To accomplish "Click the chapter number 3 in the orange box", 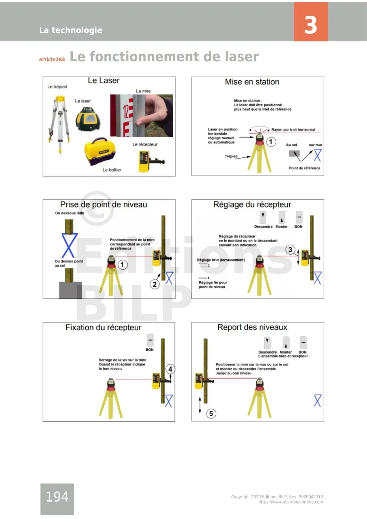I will (x=310, y=25).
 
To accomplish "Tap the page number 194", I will (x=57, y=497).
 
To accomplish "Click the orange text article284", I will (x=52, y=59).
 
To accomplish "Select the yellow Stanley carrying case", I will (x=101, y=152).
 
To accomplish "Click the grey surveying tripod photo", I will (x=59, y=122).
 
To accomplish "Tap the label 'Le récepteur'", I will (x=145, y=144).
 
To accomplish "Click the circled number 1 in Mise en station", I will (x=271, y=142).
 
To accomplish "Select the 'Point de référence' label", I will (x=304, y=168).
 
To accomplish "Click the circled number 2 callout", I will (x=154, y=284).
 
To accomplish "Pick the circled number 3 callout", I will (x=290, y=250).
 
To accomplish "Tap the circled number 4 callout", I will (x=170, y=369).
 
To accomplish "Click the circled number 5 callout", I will (x=211, y=414).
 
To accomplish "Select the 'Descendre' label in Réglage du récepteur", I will (x=263, y=227).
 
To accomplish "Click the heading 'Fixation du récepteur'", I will (x=103, y=327).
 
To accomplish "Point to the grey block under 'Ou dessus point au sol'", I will (x=70, y=290).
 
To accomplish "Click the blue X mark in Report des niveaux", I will (x=318, y=400).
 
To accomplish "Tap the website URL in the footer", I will (x=291, y=502).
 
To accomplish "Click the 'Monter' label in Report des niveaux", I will (x=286, y=352).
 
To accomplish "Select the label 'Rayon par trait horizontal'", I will (x=293, y=130).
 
